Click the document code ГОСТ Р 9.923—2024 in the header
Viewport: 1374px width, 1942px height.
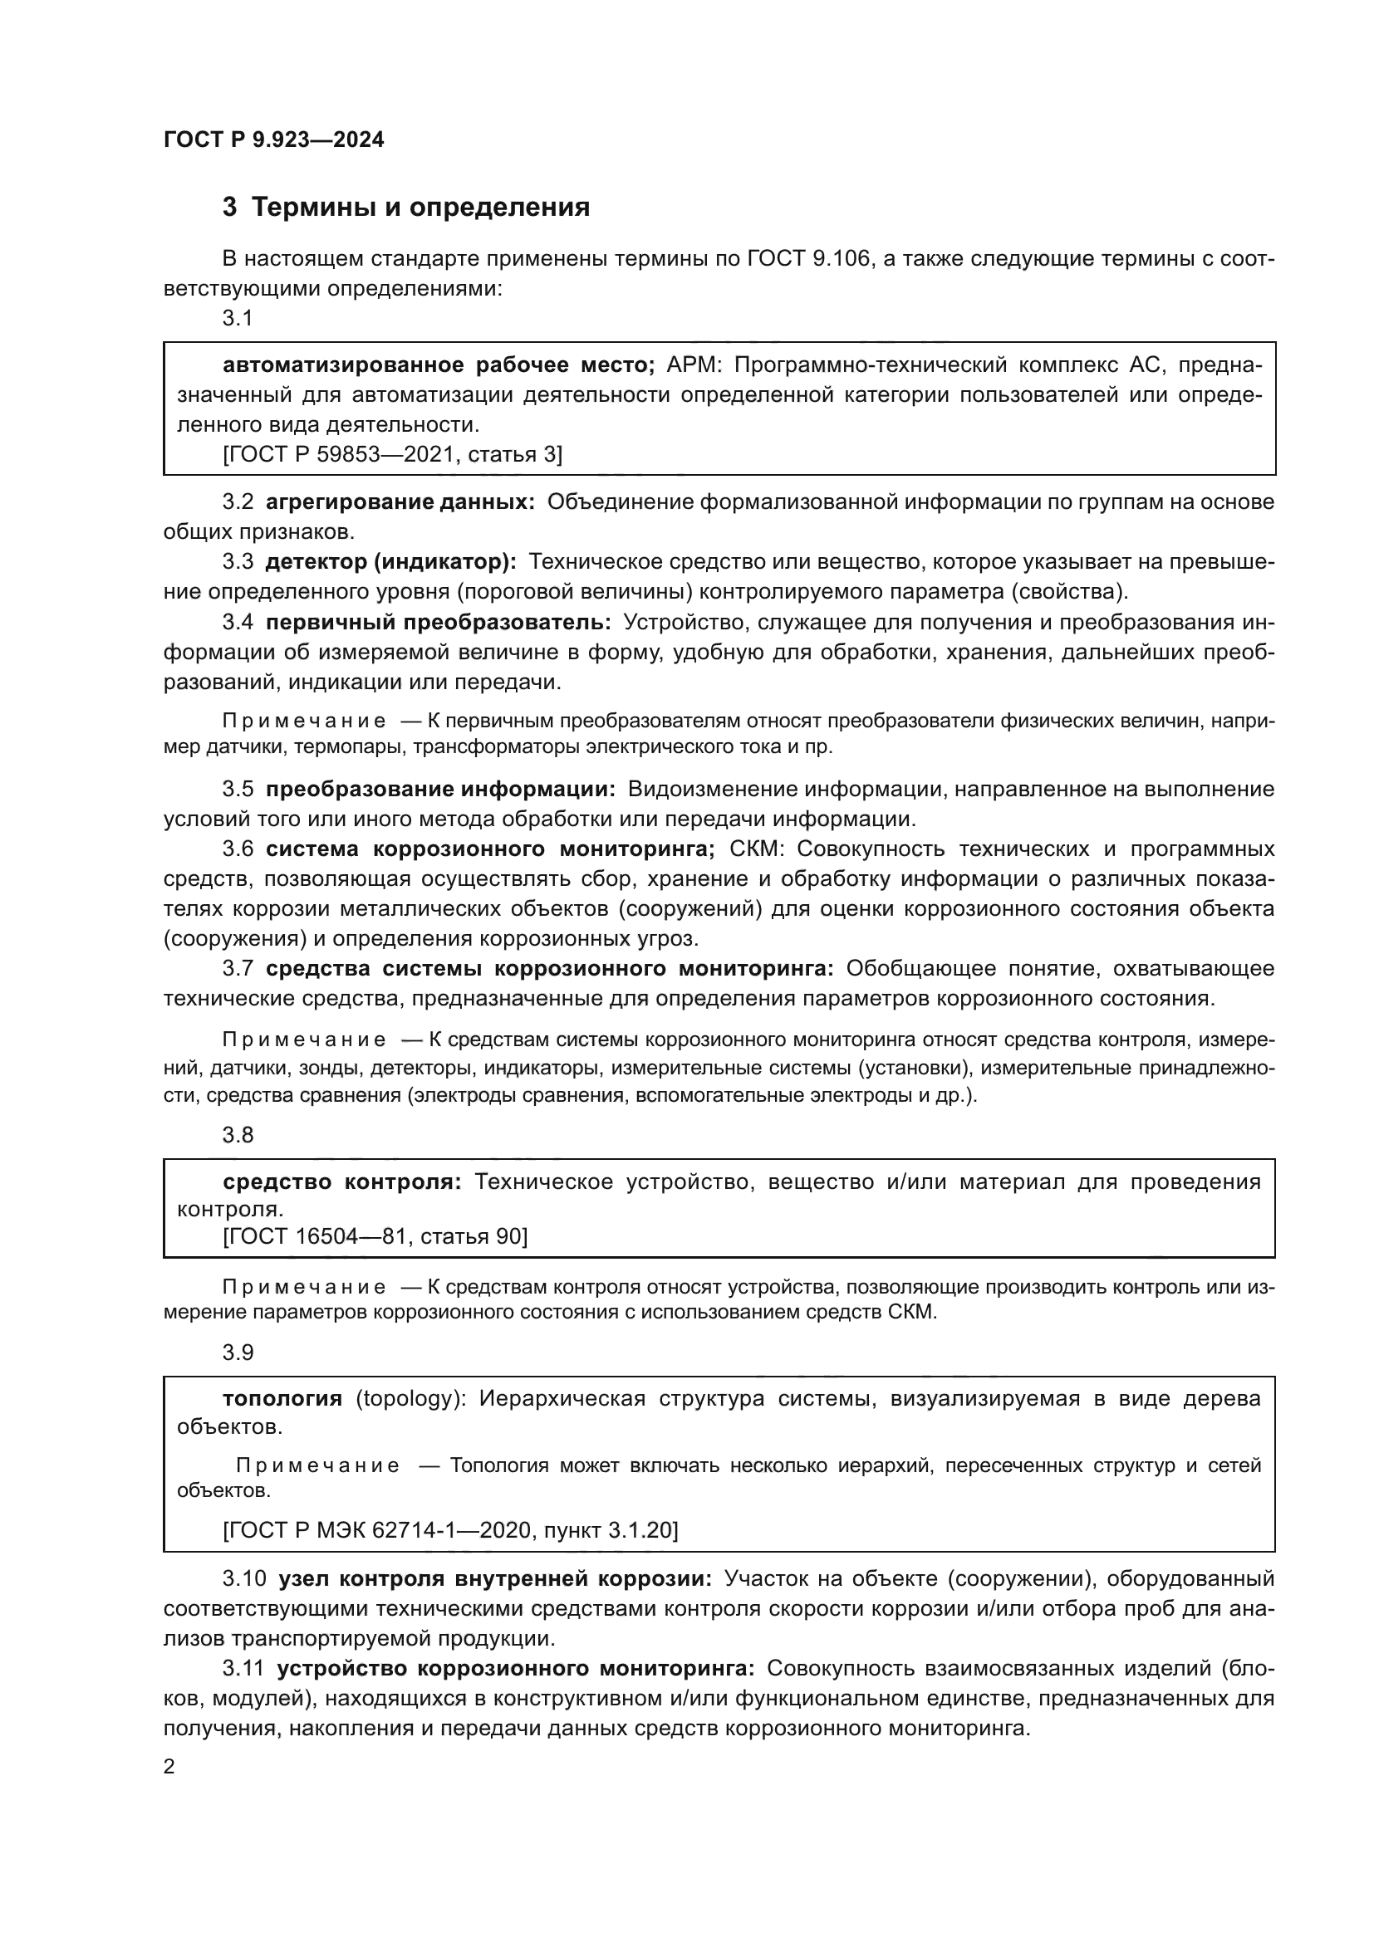coord(274,139)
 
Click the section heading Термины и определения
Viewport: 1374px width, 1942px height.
coord(420,208)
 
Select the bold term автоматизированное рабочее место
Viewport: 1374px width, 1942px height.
coord(439,365)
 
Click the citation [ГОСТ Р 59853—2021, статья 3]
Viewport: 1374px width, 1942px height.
coord(392,455)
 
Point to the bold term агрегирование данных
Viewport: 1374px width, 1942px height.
coord(400,501)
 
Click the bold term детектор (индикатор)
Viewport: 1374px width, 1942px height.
coord(391,561)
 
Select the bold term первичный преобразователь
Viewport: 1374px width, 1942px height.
coord(439,623)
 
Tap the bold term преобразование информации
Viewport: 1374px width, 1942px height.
coord(441,789)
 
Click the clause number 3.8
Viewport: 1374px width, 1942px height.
coord(238,1135)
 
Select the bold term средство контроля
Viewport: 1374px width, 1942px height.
coord(341,1182)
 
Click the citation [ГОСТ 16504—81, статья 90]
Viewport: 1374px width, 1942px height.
coord(375,1237)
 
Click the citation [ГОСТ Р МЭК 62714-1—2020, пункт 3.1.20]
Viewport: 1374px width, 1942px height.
coord(450,1530)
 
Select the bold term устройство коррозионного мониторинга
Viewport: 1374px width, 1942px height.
coord(515,1669)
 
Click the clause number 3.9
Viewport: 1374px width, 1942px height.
coord(238,1353)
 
